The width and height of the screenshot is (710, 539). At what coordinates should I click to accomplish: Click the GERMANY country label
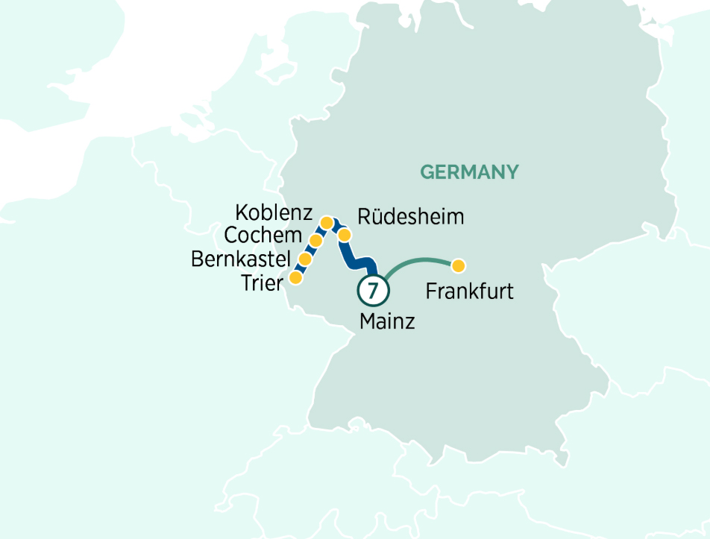(469, 172)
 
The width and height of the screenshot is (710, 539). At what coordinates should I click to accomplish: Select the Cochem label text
(263, 236)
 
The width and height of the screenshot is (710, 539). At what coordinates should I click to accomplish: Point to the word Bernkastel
(241, 259)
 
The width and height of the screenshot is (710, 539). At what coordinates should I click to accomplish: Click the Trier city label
(262, 283)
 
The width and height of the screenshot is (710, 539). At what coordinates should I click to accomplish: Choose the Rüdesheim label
(411, 217)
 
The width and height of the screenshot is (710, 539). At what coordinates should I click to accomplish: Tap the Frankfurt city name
(469, 291)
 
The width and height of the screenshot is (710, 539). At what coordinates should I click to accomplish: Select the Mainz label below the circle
(386, 322)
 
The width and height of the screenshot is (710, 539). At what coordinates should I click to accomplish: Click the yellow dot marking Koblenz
(326, 222)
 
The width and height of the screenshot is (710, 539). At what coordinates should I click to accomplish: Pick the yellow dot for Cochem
(315, 241)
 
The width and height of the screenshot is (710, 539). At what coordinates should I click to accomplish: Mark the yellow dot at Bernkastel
(305, 259)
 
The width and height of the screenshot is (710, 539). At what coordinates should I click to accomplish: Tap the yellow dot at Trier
(295, 277)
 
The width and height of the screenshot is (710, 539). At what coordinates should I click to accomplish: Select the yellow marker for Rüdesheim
(345, 236)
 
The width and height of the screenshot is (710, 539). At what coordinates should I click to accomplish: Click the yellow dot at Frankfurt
(459, 265)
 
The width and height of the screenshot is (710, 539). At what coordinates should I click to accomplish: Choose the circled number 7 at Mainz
(373, 291)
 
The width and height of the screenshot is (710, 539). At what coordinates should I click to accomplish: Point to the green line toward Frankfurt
(418, 260)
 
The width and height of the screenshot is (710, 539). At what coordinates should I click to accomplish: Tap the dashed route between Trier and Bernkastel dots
(301, 268)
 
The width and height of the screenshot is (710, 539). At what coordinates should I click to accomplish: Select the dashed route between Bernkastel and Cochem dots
(310, 250)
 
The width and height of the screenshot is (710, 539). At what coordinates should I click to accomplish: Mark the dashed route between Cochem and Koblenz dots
(321, 232)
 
